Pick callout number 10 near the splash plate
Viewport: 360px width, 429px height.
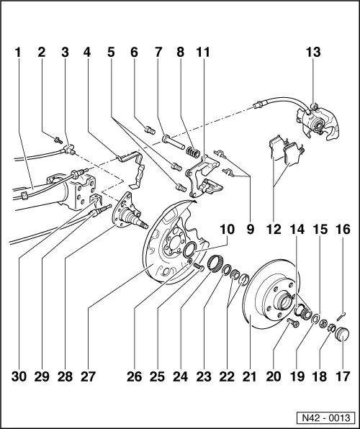pyautogui.click(x=228, y=230)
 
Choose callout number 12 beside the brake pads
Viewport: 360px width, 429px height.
pyautogui.click(x=274, y=230)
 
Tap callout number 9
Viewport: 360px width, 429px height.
pyautogui.click(x=250, y=230)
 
